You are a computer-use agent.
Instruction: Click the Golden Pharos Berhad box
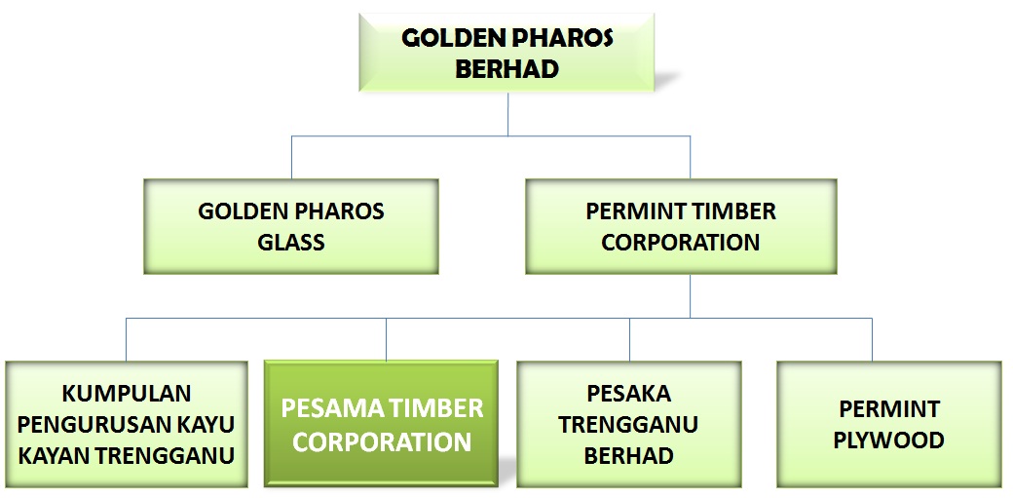pos(506,53)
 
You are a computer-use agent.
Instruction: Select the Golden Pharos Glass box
pos(290,226)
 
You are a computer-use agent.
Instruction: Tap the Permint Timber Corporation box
pos(681,226)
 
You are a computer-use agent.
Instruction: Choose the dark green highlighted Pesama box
pos(381,423)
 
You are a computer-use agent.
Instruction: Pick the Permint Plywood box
pos(889,424)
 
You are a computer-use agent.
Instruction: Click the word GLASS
pos(290,243)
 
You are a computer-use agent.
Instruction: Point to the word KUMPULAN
pos(127,393)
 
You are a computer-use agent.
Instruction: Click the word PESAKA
pos(628,393)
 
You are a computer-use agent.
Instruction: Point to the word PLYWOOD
pos(889,441)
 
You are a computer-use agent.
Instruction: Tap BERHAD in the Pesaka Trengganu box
pos(628,456)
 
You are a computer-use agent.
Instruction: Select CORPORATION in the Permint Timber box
pos(681,243)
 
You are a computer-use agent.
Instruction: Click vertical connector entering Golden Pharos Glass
pos(291,157)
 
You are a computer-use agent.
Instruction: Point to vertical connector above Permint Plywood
pos(872,339)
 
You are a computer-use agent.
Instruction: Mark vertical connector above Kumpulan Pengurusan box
pos(126,339)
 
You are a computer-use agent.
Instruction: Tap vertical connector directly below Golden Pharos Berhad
pos(507,114)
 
